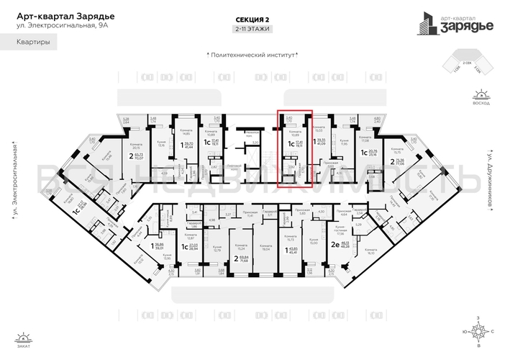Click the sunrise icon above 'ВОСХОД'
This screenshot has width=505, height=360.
click(x=476, y=94)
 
